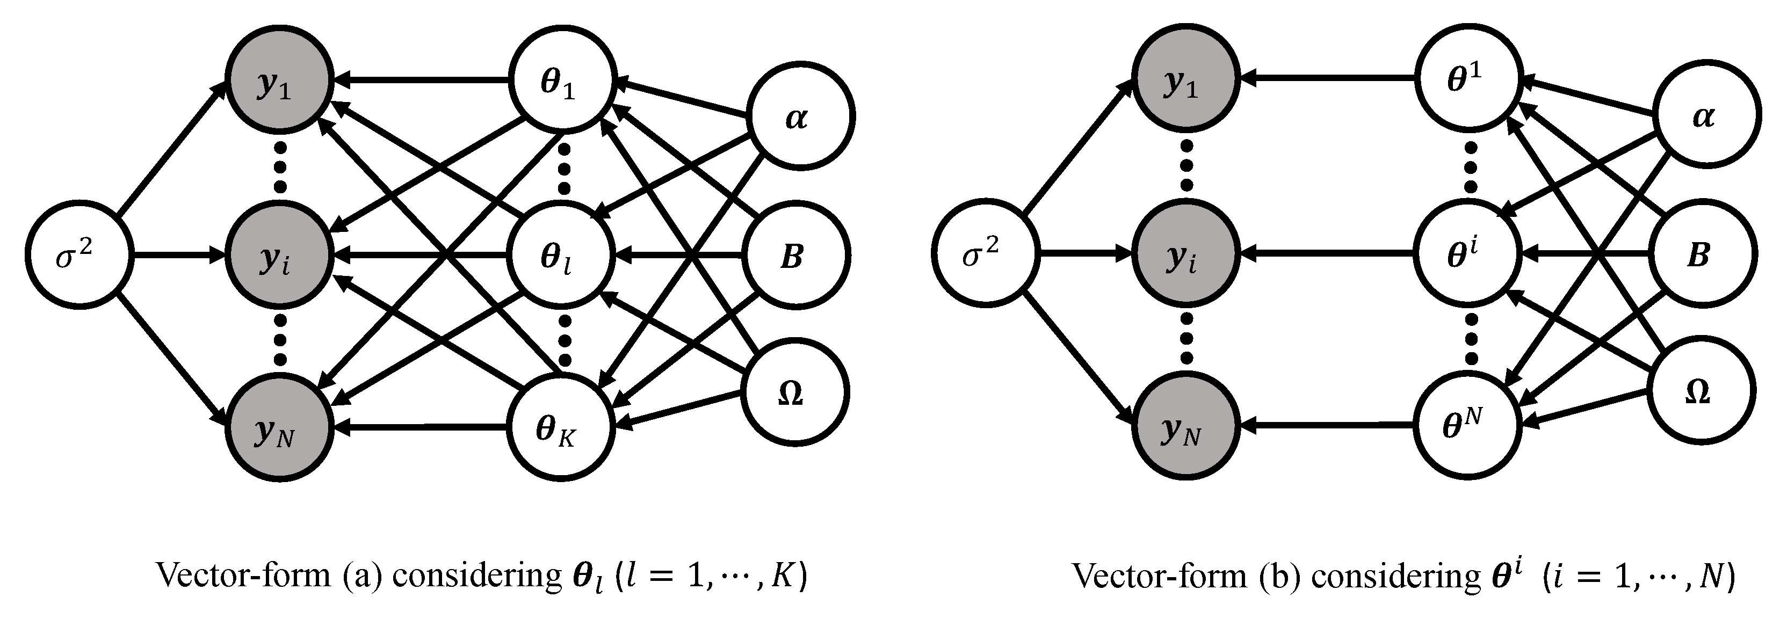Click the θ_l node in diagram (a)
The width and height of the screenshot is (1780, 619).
pyautogui.click(x=561, y=256)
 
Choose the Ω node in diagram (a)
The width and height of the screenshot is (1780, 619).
pyautogui.click(x=794, y=392)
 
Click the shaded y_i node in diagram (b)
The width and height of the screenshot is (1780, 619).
pyautogui.click(x=1184, y=256)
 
